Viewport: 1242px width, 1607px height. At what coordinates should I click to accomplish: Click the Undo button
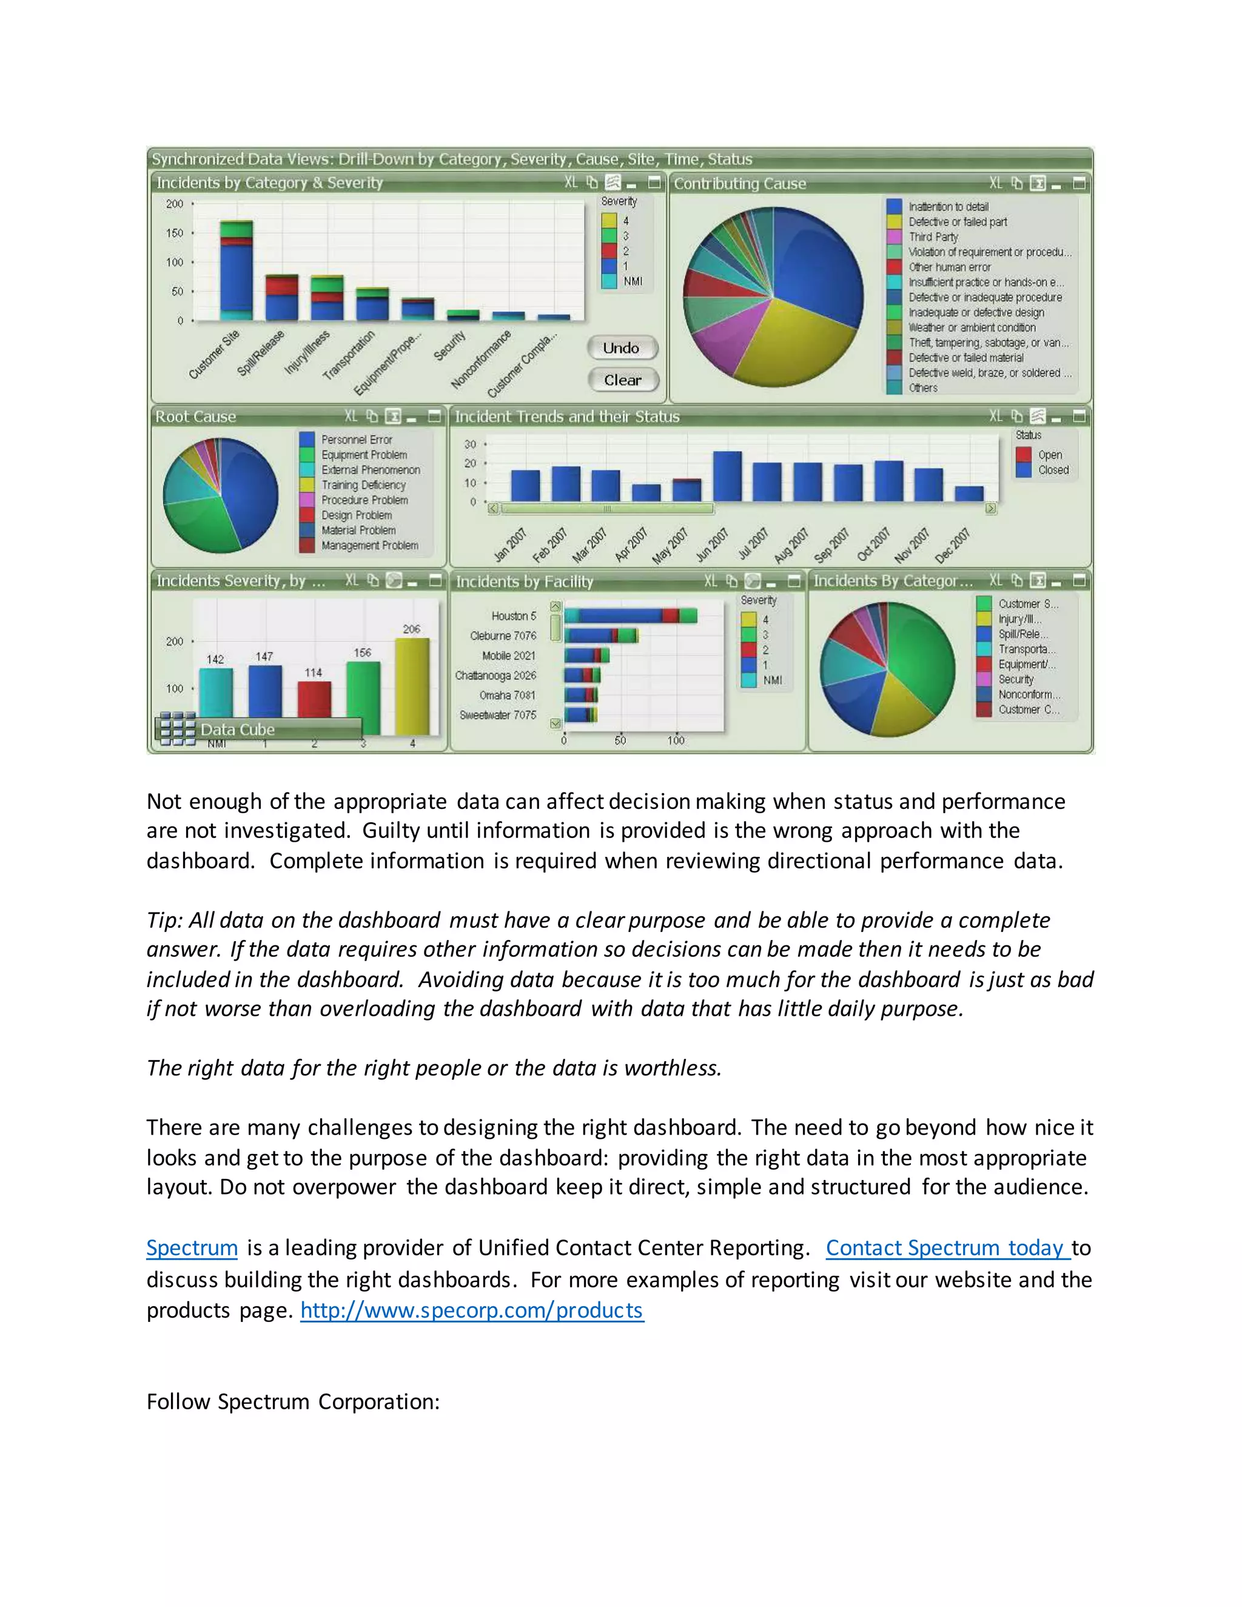[622, 348]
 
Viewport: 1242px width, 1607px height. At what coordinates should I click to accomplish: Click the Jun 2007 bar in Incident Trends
[728, 477]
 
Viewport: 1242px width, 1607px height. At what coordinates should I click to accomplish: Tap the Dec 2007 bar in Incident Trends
[969, 493]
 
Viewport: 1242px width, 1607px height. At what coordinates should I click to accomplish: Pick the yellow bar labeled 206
[412, 685]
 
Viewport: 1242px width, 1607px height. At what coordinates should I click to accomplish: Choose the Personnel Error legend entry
[356, 439]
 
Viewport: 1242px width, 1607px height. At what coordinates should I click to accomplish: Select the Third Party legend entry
[933, 237]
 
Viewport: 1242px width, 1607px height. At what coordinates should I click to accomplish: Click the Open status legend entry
[1049, 455]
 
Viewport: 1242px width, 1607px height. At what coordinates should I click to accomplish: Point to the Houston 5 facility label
[514, 616]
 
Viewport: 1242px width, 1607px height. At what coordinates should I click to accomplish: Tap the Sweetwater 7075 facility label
[498, 715]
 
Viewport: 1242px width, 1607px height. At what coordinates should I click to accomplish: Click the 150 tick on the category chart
[175, 233]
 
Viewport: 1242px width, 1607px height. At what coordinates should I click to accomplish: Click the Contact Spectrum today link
[946, 1248]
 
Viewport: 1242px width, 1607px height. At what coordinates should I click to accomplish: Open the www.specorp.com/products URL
[472, 1310]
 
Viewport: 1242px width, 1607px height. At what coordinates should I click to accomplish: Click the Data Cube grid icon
[177, 728]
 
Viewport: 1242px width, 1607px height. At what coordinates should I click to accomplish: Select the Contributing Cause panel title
[739, 184]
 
